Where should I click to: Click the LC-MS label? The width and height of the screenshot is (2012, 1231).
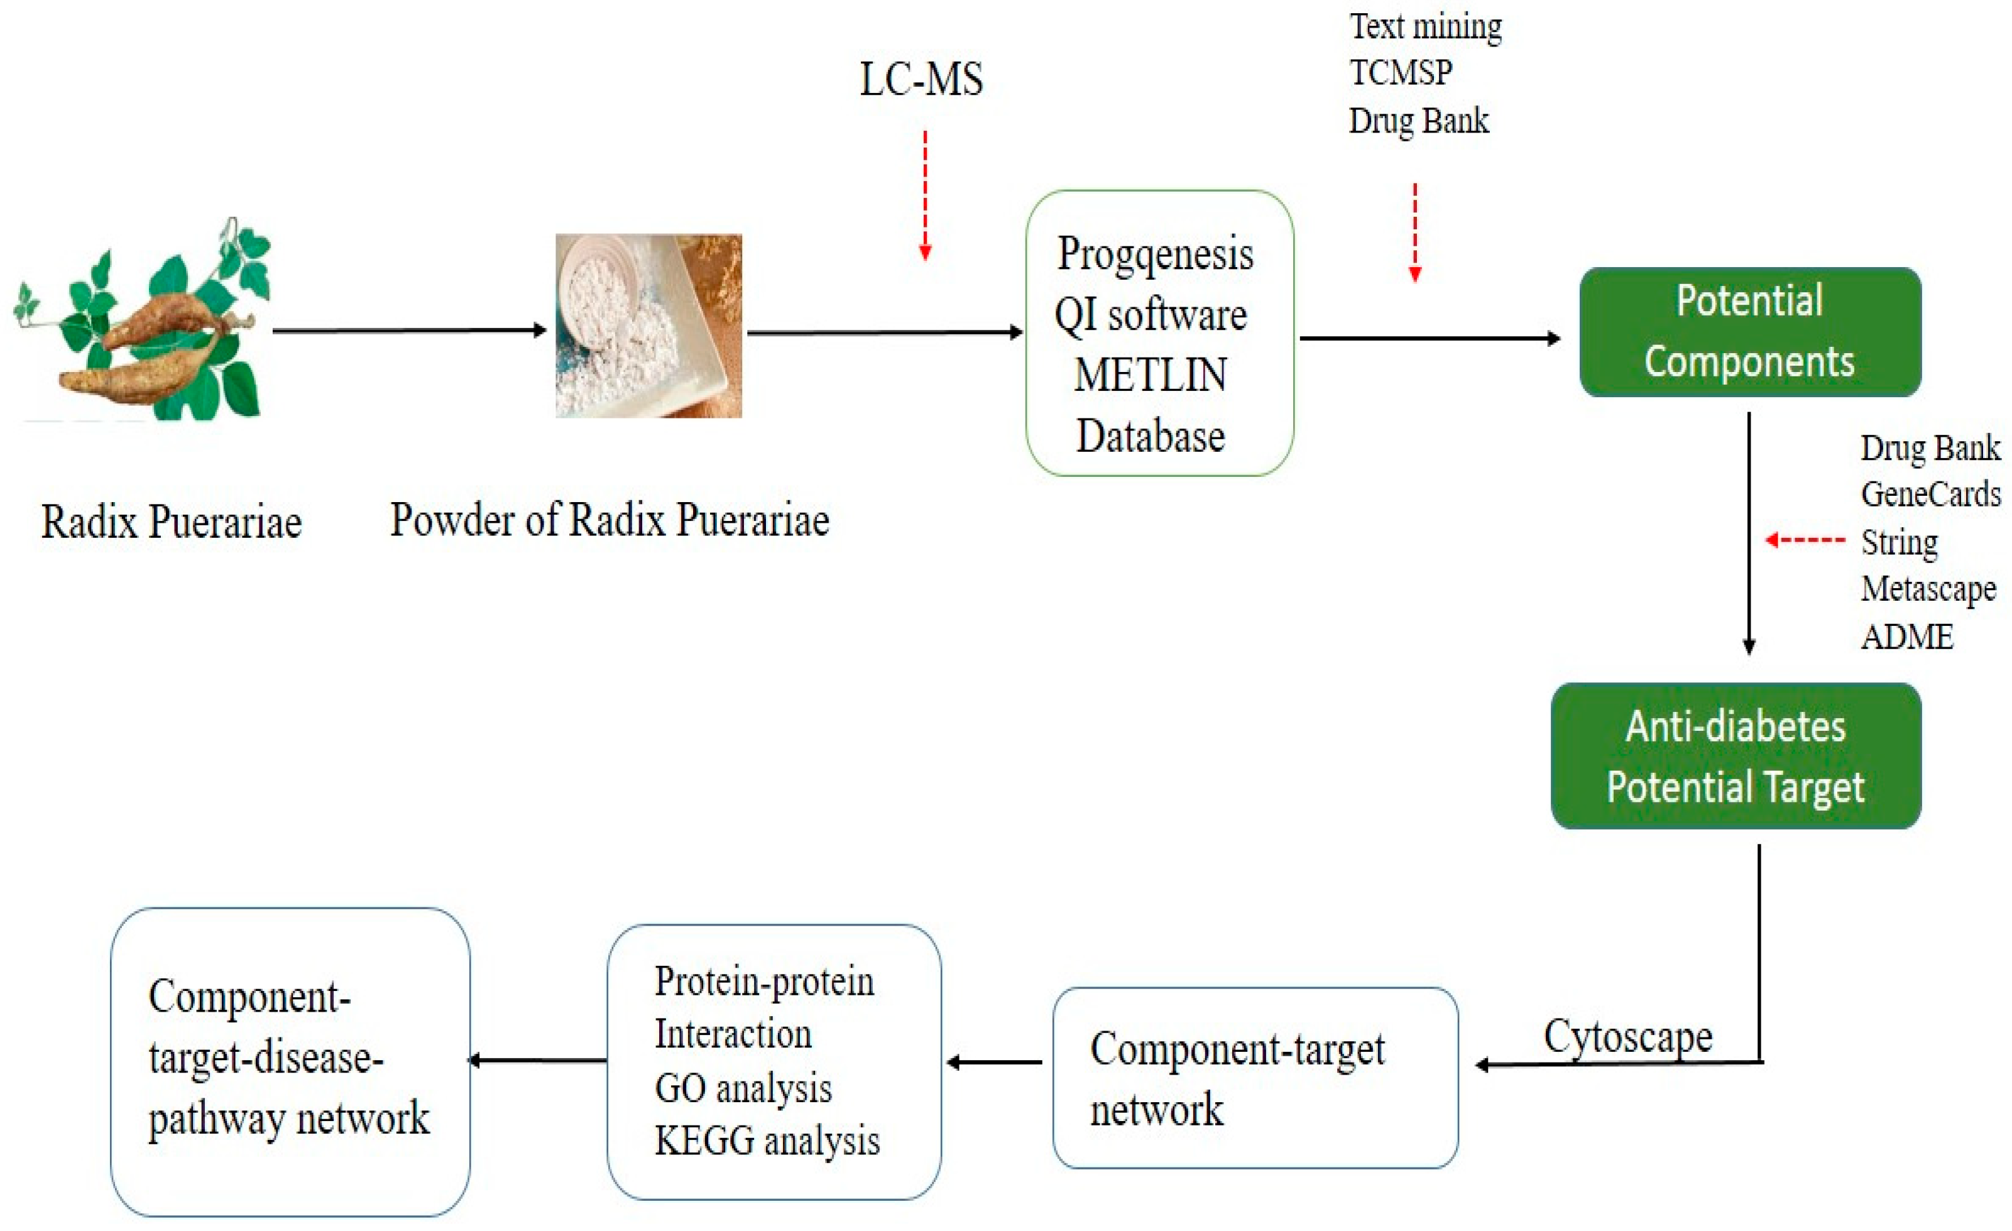point(921,80)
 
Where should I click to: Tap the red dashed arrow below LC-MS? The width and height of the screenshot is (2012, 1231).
point(925,195)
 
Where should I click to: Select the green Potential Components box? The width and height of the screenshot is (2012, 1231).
point(1750,332)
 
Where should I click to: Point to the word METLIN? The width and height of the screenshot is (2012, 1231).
point(1150,376)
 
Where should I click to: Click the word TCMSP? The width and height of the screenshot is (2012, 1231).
point(1401,74)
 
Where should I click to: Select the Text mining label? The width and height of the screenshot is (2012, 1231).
point(1425,27)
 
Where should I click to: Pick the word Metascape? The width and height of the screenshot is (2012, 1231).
point(1928,589)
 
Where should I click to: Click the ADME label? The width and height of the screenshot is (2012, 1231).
point(1906,637)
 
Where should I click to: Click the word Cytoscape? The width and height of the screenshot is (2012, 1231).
point(1627,1037)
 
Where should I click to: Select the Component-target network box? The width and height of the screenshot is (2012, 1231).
point(1255,1078)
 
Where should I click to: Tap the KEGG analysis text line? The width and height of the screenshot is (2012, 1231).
point(767,1141)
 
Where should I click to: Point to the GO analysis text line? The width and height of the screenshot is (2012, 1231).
point(743,1089)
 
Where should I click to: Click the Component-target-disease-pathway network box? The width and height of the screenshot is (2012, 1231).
point(290,1062)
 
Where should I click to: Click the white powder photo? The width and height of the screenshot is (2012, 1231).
point(648,326)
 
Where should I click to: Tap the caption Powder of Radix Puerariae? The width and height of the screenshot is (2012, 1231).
point(609,520)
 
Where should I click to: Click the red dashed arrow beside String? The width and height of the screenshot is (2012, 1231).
point(1805,540)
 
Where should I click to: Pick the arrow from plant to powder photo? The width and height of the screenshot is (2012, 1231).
point(408,330)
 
